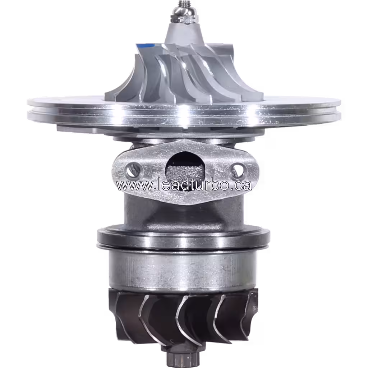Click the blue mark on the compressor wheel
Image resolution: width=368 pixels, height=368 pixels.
pos(147,46)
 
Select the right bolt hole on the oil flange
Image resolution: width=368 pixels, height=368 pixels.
pos(238,170)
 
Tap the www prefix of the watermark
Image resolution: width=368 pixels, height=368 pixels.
pos(130,185)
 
